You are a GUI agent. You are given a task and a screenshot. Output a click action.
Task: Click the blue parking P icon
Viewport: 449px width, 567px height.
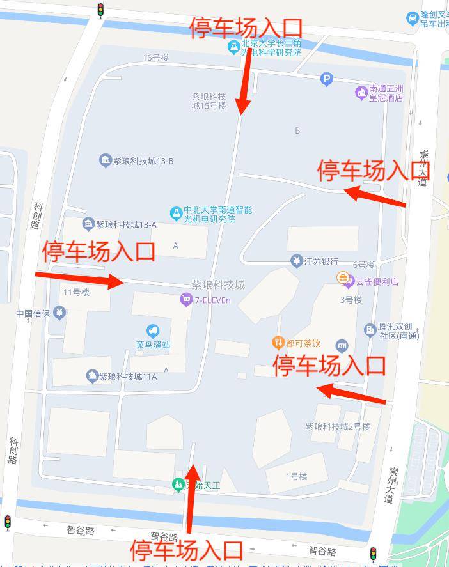point(327,79)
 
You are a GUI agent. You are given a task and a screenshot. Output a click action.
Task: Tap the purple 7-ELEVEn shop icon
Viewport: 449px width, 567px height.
point(186,299)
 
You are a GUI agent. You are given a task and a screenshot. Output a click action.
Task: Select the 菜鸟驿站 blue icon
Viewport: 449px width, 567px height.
point(152,331)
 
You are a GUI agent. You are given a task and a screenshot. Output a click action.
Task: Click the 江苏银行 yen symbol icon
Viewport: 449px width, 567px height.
point(296,261)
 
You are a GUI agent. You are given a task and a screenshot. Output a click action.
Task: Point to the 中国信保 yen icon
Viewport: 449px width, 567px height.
point(59,313)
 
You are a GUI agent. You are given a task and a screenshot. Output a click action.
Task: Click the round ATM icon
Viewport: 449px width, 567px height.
point(342,346)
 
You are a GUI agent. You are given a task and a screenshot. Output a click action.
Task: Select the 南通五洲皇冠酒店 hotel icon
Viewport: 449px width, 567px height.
point(362,93)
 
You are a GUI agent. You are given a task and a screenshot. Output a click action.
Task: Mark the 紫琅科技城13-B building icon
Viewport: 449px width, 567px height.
point(106,160)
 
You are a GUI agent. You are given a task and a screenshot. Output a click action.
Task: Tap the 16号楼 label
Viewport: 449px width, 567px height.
point(156,58)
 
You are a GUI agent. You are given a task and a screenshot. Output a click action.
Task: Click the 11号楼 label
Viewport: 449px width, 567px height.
point(76,292)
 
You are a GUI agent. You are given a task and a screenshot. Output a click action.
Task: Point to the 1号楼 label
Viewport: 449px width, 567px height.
point(297,476)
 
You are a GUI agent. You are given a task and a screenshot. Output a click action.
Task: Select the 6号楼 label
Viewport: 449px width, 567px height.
point(363,265)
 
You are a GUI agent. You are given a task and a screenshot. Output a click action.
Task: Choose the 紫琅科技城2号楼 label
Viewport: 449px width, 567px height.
point(338,427)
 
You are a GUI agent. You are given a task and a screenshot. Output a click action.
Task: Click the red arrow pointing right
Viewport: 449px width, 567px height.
point(79,279)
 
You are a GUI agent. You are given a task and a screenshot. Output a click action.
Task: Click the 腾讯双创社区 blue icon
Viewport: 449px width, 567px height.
point(370,330)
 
